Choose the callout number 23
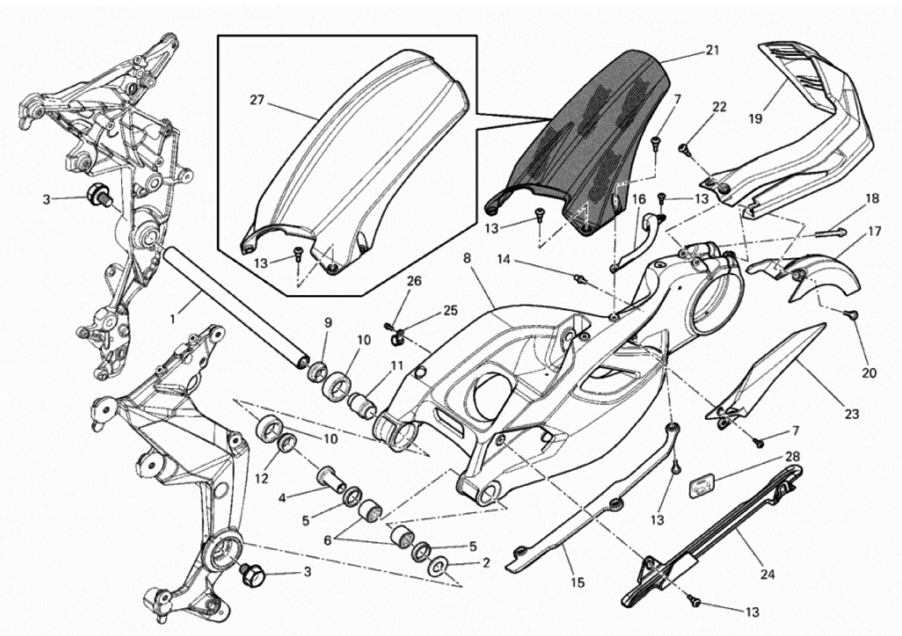click(x=852, y=414)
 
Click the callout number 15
click(x=578, y=583)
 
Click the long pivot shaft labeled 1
click(x=236, y=310)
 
